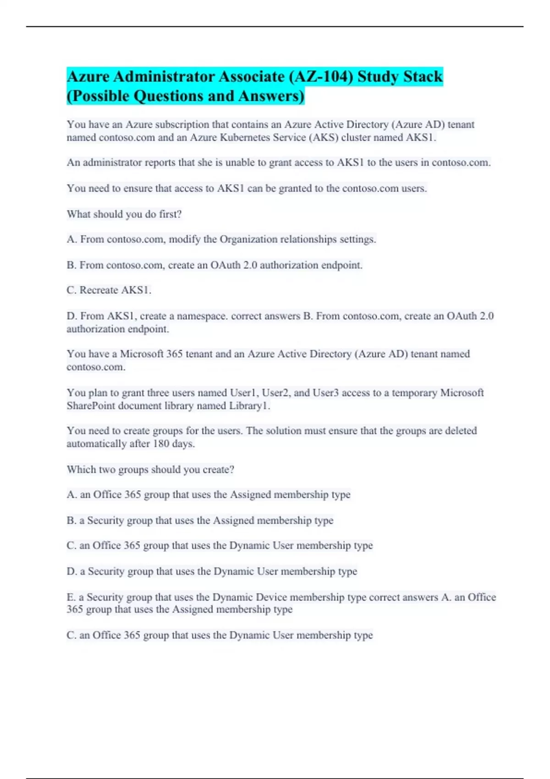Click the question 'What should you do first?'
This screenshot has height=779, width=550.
coord(124,214)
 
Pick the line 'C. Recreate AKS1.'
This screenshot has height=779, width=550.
coord(109,290)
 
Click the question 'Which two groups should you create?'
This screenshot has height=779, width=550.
coord(150,470)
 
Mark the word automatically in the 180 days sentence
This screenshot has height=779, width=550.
coord(95,444)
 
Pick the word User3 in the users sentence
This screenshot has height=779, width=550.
coord(325,393)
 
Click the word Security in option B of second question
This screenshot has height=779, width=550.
coord(106,521)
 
